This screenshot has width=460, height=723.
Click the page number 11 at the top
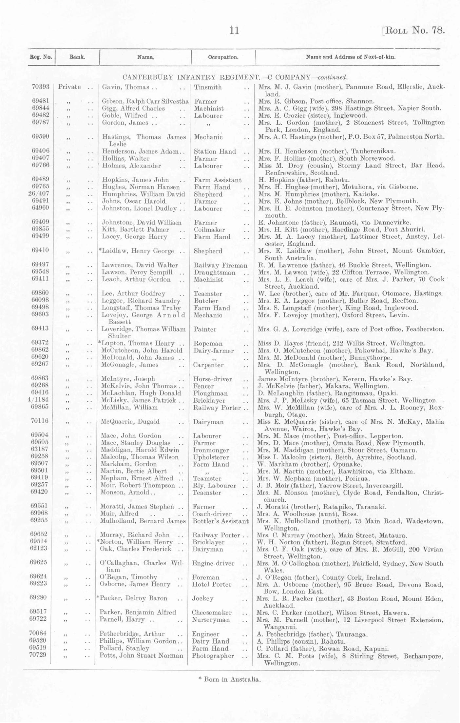pyautogui.click(x=234, y=30)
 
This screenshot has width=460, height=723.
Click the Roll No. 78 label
pyautogui.click(x=413, y=30)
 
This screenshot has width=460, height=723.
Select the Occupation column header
pyautogui.click(x=223, y=57)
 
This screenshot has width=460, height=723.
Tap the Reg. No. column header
pyautogui.click(x=41, y=57)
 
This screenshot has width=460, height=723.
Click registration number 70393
pyautogui.click(x=41, y=87)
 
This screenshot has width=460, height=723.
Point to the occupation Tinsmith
pyautogui.click(x=208, y=87)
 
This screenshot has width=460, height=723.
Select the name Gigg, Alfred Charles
pyautogui.click(x=133, y=109)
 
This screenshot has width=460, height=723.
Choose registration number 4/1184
pyautogui.click(x=39, y=400)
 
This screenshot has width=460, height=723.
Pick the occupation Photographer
pyautogui.click(x=213, y=656)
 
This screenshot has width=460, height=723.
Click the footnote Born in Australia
pyautogui.click(x=230, y=679)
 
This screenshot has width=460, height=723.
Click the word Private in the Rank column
pyautogui.click(x=69, y=87)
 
